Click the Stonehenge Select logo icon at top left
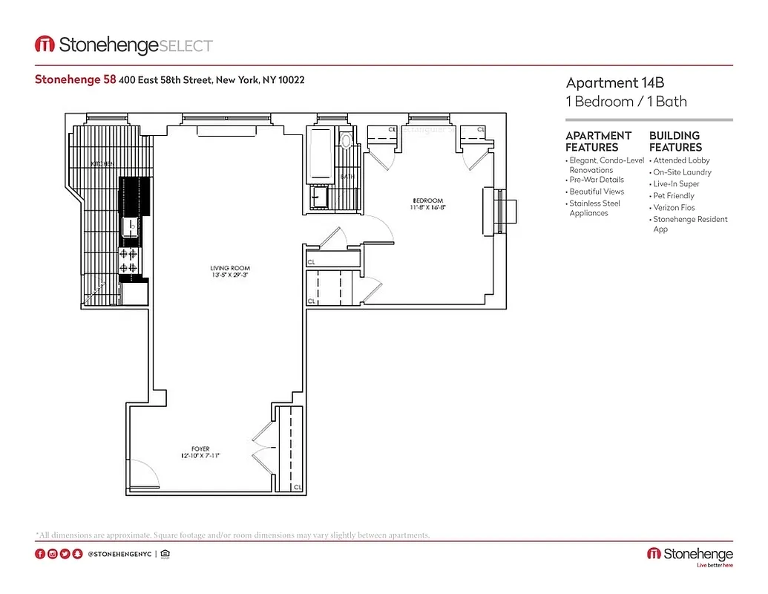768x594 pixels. pos(45,45)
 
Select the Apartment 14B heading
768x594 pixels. pos(613,82)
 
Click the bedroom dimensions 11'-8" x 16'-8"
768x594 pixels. pos(427,208)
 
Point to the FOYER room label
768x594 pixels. pos(200,448)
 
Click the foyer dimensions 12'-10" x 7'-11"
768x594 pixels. pos(200,456)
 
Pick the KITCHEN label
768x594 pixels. pos(101,163)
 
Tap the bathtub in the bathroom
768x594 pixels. pos(322,157)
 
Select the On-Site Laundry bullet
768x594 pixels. pos(681,172)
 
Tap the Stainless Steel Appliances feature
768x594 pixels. pos(594,208)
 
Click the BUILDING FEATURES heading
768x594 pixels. pos(675,141)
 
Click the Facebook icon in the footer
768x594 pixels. pos(40,554)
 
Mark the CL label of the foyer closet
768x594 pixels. pos(297,487)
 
